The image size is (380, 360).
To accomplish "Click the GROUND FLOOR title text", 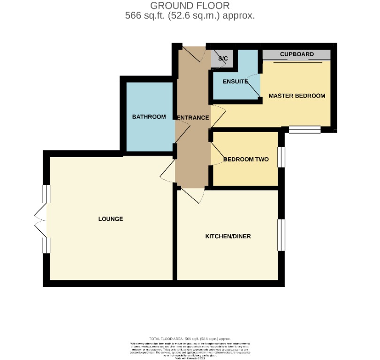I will click(x=190, y=6).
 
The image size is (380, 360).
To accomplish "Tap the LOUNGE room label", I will click(x=111, y=219).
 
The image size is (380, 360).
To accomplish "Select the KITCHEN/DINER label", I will click(x=228, y=236).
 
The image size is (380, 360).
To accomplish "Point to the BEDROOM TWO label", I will click(x=246, y=159).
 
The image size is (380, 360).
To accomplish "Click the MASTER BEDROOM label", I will click(x=296, y=96).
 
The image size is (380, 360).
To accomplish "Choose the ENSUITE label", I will click(x=235, y=82).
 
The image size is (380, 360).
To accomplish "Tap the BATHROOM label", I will click(x=149, y=117).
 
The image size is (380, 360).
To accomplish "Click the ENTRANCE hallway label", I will click(x=192, y=118).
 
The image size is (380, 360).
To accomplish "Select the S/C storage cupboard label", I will click(x=222, y=59).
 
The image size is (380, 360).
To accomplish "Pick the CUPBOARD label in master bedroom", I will click(x=296, y=54).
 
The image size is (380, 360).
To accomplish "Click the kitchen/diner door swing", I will click(x=193, y=195).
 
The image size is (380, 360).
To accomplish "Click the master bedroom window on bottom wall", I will click(x=304, y=130).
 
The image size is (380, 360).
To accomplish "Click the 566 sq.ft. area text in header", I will click(x=190, y=15).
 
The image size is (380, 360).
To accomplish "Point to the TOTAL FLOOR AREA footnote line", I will click(x=190, y=338).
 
